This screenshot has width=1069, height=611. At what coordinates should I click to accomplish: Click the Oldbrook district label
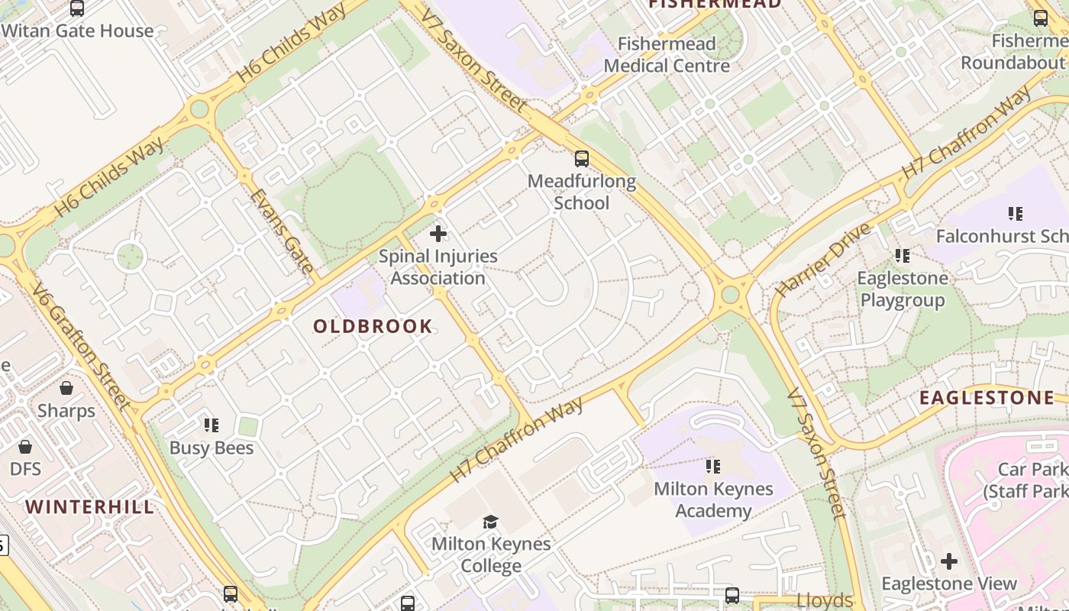(373, 327)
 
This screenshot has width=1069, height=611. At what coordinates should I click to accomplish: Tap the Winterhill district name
(89, 507)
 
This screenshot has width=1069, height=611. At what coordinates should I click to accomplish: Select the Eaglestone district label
(986, 398)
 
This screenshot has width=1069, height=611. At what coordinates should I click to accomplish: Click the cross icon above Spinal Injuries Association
(438, 234)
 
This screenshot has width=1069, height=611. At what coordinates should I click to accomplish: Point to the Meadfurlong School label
(581, 192)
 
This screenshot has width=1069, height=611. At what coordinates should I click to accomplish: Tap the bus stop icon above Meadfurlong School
(582, 159)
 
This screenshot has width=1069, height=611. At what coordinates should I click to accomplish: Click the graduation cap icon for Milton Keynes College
(490, 522)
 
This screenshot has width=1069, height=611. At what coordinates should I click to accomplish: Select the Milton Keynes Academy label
(713, 499)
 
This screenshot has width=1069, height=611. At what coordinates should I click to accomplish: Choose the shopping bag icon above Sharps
(66, 388)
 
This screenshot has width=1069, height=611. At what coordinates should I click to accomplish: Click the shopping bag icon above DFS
(25, 446)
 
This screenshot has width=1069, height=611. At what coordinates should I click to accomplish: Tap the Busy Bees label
(212, 448)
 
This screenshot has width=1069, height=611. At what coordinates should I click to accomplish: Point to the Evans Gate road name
(281, 231)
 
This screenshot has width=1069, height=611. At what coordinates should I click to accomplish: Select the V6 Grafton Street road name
(81, 346)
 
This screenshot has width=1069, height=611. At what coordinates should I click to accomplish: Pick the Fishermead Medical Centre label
(667, 55)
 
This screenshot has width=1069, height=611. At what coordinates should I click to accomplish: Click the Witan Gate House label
(77, 31)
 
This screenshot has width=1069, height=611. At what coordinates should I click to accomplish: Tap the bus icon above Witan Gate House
(77, 8)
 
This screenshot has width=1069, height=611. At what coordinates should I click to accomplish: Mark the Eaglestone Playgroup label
(903, 289)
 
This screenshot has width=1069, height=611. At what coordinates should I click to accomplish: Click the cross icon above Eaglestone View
(949, 561)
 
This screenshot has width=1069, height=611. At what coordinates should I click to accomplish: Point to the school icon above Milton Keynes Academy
(713, 466)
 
